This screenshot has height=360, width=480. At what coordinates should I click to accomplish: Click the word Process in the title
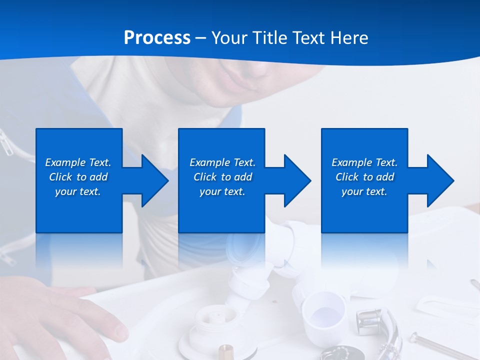157,38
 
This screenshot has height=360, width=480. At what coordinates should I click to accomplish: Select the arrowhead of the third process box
439,180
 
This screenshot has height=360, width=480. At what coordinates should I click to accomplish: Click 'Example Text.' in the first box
78,162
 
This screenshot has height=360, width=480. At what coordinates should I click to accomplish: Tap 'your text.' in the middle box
222,191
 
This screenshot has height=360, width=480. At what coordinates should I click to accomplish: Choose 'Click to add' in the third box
364,177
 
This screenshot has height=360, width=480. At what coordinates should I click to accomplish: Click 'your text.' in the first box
78,191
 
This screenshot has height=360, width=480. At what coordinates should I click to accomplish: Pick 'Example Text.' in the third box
364,162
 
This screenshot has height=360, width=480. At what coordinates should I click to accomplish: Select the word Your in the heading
229,38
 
